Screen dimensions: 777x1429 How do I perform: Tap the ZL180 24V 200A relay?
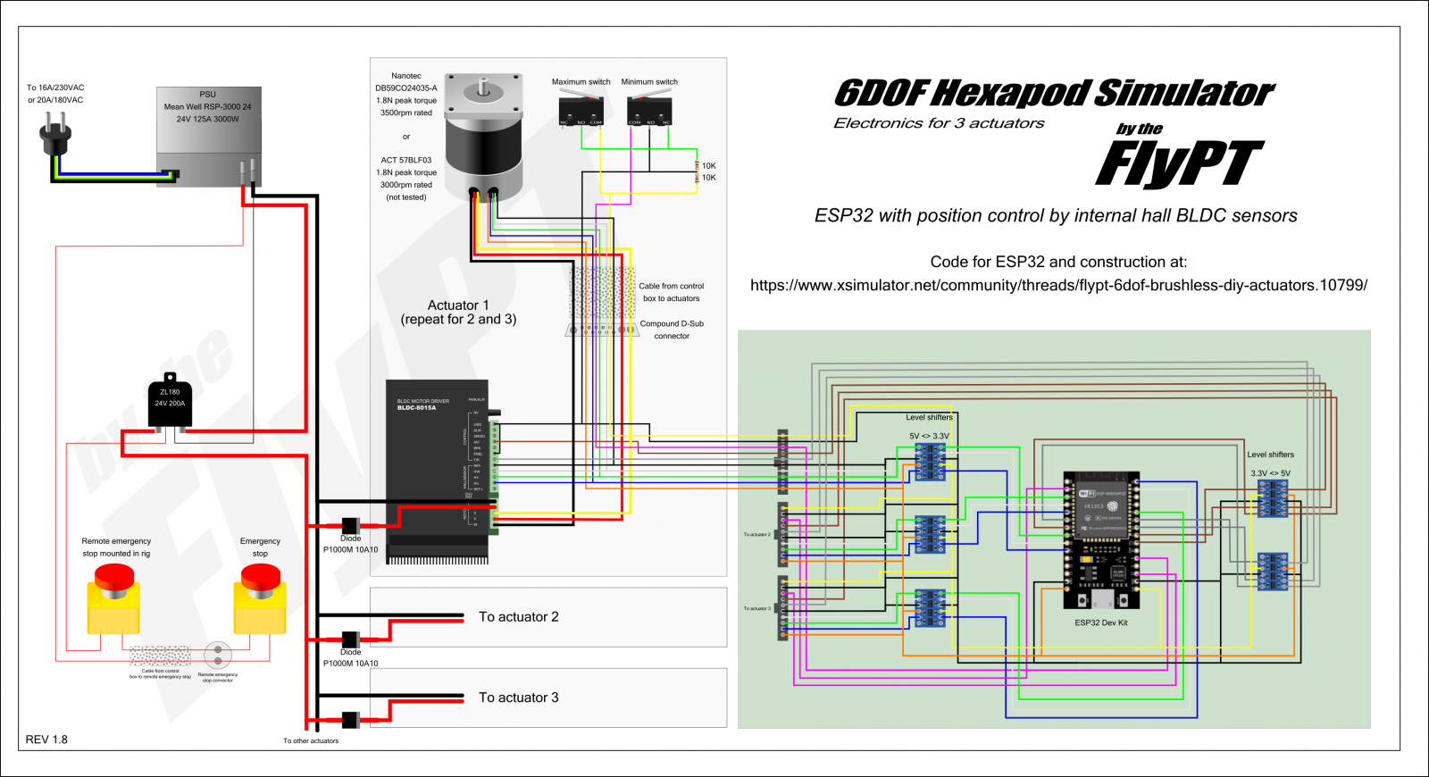170,402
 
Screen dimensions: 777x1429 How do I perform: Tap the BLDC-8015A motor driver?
438,469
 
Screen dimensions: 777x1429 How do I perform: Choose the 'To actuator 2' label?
519,617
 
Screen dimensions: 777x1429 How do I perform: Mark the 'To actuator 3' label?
519,698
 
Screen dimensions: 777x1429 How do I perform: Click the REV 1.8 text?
46,739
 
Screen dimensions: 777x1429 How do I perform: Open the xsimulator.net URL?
1058,286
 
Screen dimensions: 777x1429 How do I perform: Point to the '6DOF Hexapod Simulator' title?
1054,93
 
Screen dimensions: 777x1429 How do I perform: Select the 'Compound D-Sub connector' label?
672,330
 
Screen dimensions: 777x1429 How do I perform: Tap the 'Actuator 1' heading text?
458,305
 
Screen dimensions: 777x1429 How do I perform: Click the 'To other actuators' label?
311,741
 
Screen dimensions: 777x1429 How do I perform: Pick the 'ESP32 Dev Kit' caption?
1100,622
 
